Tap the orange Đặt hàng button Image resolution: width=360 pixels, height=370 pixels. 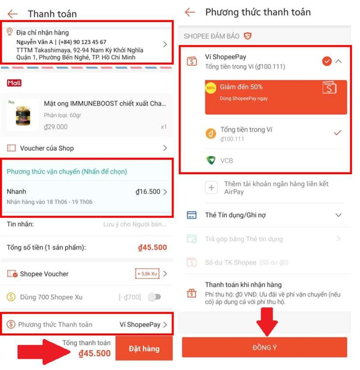click(x=144, y=348)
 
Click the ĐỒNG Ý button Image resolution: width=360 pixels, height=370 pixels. click(x=265, y=347)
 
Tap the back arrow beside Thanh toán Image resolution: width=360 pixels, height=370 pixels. click(x=13, y=14)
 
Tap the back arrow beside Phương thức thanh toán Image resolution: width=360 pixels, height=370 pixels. click(x=190, y=12)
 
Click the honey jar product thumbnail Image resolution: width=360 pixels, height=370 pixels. click(x=23, y=114)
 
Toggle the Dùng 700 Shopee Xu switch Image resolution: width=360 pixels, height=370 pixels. click(x=154, y=297)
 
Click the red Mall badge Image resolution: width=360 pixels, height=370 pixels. click(x=14, y=83)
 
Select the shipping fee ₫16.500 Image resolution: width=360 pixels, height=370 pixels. click(x=148, y=192)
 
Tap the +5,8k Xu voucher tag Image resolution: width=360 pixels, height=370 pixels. click(x=147, y=274)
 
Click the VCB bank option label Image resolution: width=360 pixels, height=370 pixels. click(x=227, y=161)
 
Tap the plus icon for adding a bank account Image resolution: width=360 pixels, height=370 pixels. click(x=211, y=188)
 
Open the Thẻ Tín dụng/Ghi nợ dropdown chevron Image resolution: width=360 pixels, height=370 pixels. click(x=339, y=215)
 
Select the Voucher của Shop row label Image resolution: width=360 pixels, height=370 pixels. click(x=47, y=148)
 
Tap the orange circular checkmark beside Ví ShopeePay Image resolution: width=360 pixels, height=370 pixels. click(x=327, y=61)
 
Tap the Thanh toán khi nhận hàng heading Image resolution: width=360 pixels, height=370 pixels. click(x=243, y=284)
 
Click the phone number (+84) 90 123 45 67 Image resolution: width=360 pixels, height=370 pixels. click(x=83, y=42)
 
